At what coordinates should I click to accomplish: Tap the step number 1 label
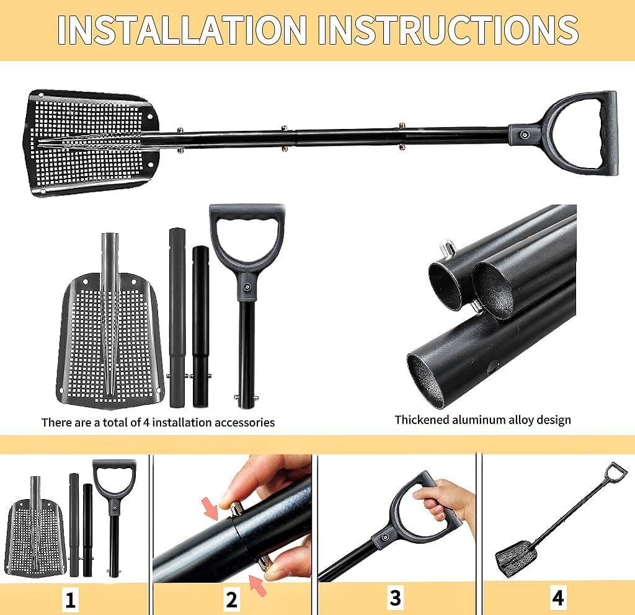click(71, 600)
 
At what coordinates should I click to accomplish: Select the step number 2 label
click(231, 600)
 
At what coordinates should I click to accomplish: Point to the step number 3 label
click(396, 598)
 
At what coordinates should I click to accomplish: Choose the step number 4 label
click(558, 598)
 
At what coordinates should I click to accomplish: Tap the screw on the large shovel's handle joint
click(525, 134)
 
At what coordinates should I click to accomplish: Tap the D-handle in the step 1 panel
click(115, 480)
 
